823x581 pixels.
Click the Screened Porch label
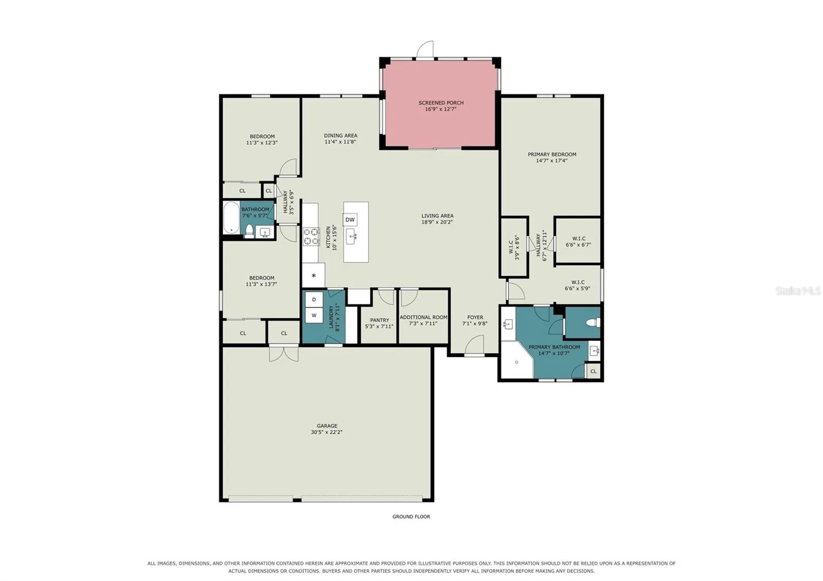[x=441, y=103]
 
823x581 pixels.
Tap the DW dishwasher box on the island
[x=350, y=220]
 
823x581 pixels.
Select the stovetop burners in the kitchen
[x=311, y=236]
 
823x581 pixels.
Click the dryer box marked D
[x=314, y=300]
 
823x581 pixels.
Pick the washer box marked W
[x=314, y=316]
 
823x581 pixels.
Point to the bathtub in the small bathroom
[x=231, y=217]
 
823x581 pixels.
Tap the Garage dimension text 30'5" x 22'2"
[x=327, y=432]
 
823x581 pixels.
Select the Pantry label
[x=380, y=320]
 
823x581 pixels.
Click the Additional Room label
[x=424, y=317]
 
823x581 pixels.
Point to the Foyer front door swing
[x=474, y=346]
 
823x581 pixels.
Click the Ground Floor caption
[x=411, y=516]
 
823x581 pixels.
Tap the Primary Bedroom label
[x=552, y=154]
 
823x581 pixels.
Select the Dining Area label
[x=341, y=136]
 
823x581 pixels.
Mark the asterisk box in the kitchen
[x=313, y=276]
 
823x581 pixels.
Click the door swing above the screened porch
[x=425, y=49]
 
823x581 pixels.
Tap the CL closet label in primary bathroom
[x=594, y=371]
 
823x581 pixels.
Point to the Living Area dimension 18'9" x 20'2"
[x=437, y=222]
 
